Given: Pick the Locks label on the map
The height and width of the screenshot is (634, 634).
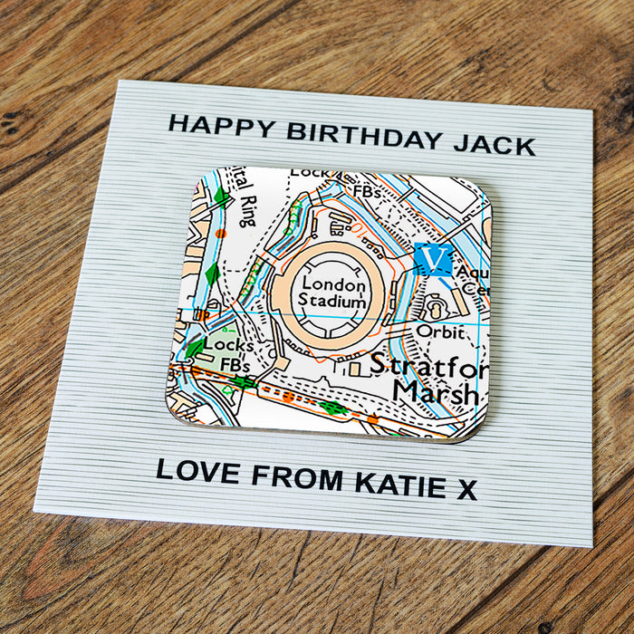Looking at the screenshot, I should click(228, 345).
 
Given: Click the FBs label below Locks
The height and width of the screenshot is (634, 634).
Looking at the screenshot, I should click(235, 364).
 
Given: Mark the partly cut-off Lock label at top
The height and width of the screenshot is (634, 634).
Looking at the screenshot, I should click(310, 172).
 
